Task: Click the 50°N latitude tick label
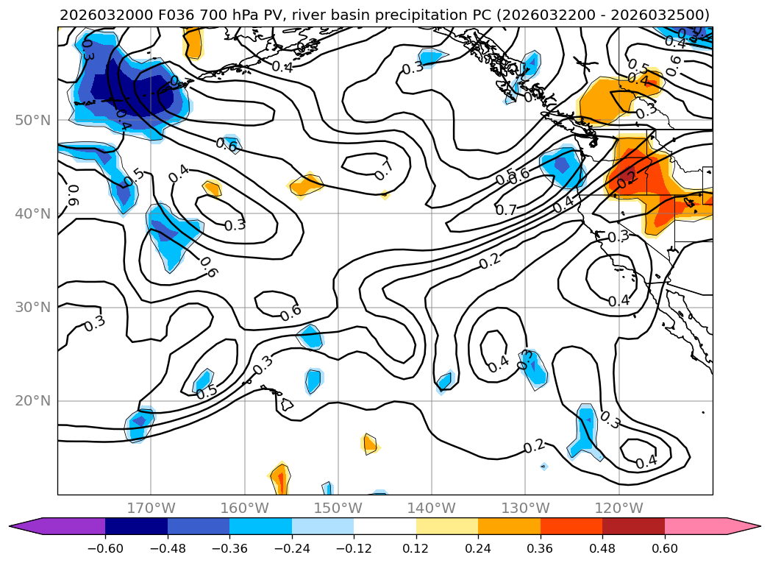tap(33, 120)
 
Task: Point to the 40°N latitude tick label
tap(33, 214)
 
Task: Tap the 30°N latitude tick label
tap(33, 308)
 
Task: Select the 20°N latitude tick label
tap(33, 401)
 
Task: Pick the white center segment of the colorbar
tap(385, 526)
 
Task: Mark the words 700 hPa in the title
tap(224, 15)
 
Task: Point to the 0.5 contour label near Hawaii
tap(207, 392)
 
